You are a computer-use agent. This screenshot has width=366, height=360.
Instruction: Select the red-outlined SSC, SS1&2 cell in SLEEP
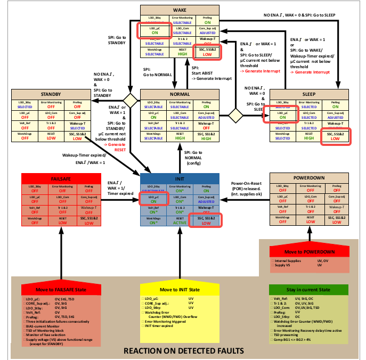pyautogui.click(x=336, y=137)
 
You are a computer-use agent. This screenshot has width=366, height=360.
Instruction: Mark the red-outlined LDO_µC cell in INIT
pyautogui.click(x=153, y=199)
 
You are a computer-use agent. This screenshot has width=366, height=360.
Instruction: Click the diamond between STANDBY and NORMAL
pyautogui.click(x=129, y=100)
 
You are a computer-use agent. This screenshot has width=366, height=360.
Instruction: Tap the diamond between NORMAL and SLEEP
pyautogui.click(x=236, y=114)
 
